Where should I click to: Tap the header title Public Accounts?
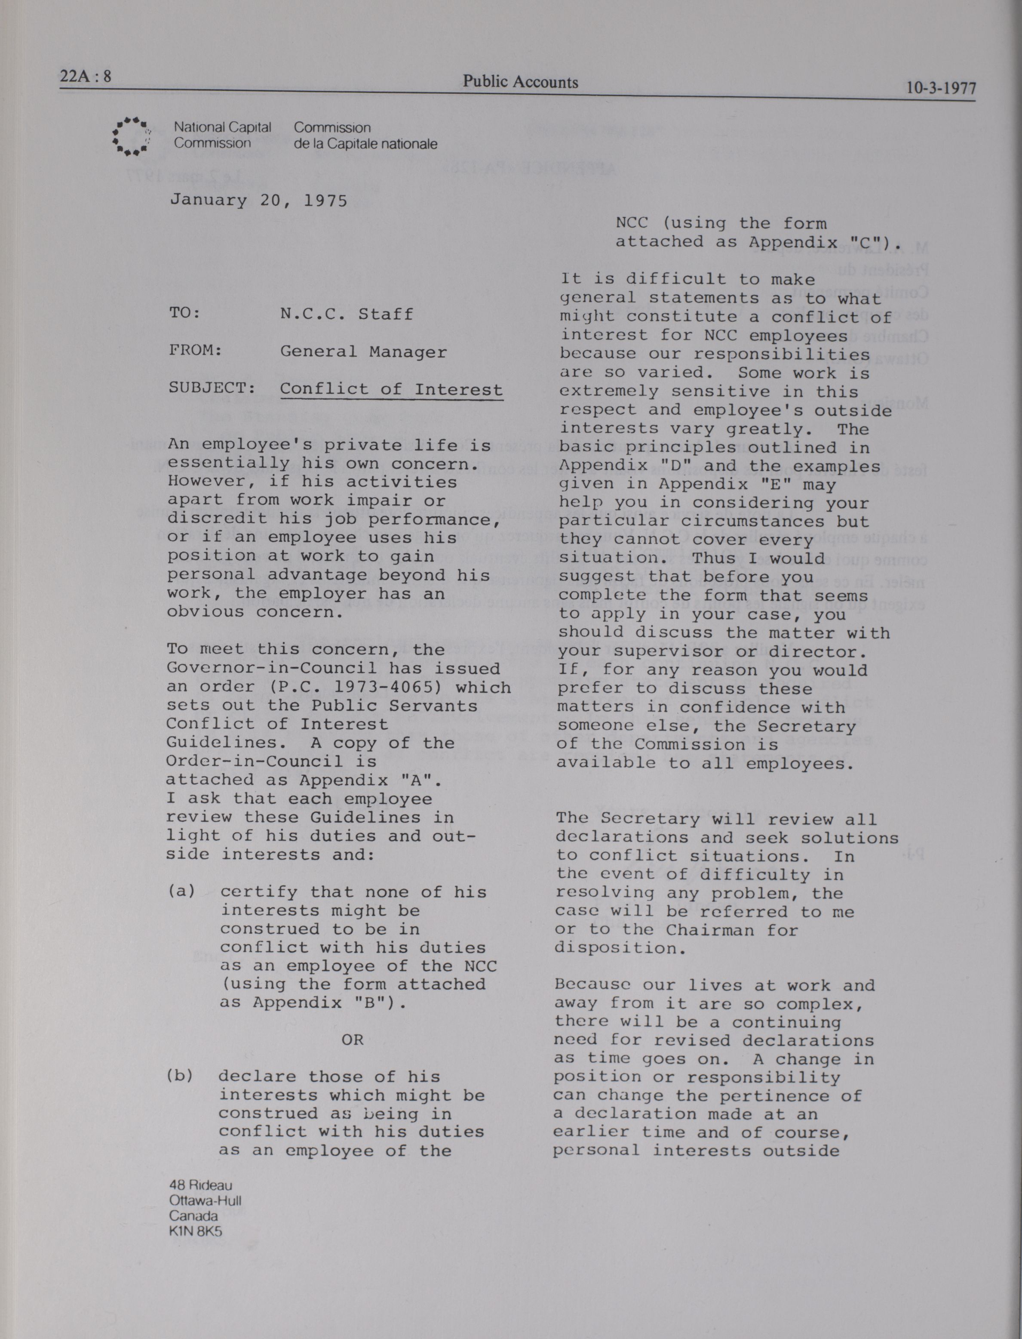coord(520,82)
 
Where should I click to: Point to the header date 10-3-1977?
coord(940,88)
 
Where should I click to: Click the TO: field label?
coord(184,314)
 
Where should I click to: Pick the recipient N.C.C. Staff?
coord(346,314)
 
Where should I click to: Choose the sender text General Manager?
coord(363,352)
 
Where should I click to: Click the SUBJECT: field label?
coord(208,388)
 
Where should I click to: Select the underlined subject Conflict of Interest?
coord(391,389)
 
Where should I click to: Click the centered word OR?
coord(352,1040)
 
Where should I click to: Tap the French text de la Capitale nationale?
coord(365,144)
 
